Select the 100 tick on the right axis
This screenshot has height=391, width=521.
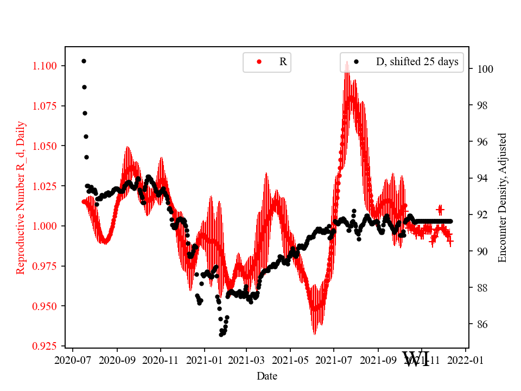point(484,69)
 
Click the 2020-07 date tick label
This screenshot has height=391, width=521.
point(73,360)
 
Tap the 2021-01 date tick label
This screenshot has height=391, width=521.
point(205,360)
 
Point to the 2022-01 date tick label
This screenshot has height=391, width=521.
point(465,360)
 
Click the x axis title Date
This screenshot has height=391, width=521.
point(267,376)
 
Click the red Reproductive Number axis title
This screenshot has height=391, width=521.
point(21,197)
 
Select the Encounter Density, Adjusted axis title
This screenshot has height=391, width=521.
point(502,197)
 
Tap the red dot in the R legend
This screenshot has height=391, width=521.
point(259,62)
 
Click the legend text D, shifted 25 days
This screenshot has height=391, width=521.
point(417,62)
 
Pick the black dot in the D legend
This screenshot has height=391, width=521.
point(357,62)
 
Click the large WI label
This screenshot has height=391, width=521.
point(416,359)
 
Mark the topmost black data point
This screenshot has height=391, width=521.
point(84,61)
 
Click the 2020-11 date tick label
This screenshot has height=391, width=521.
point(161,360)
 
